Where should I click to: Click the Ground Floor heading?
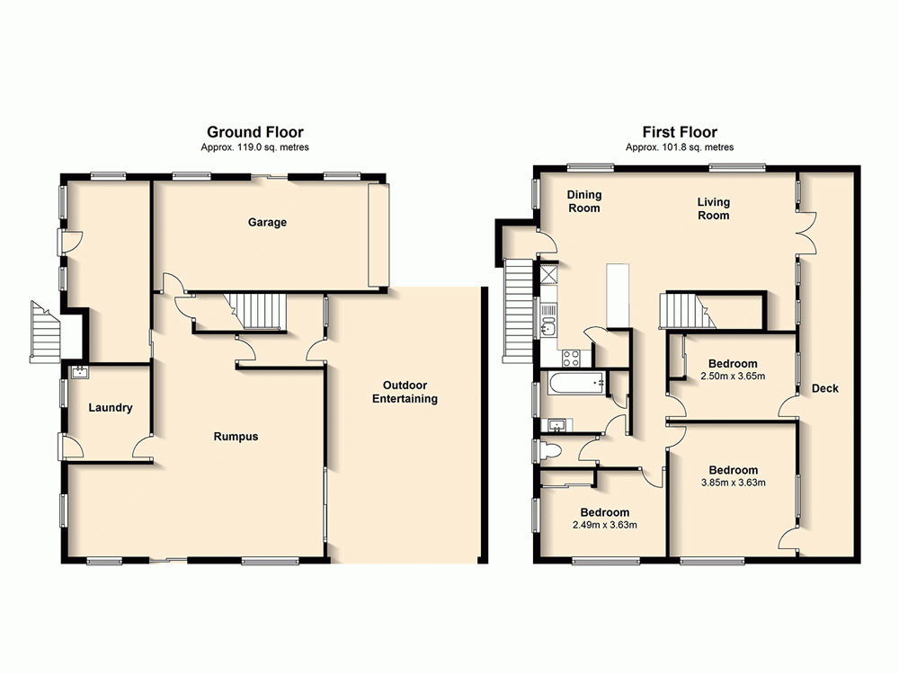coord(255,132)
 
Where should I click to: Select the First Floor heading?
coord(679,132)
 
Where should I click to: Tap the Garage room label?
coord(267,222)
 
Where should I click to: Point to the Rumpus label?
coord(236,437)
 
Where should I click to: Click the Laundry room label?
coord(111,408)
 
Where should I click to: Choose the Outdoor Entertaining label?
coord(405,392)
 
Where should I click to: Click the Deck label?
coord(824,388)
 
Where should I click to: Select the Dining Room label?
coord(583,201)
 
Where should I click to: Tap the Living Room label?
coord(713,208)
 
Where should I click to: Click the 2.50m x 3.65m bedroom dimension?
coord(732,376)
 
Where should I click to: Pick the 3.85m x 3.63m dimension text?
coord(733,483)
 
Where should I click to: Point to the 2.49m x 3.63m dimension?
coord(604,525)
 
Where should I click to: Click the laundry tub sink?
coord(78,370)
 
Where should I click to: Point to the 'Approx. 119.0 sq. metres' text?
coord(255,147)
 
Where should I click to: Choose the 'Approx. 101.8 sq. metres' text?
coord(679,147)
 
